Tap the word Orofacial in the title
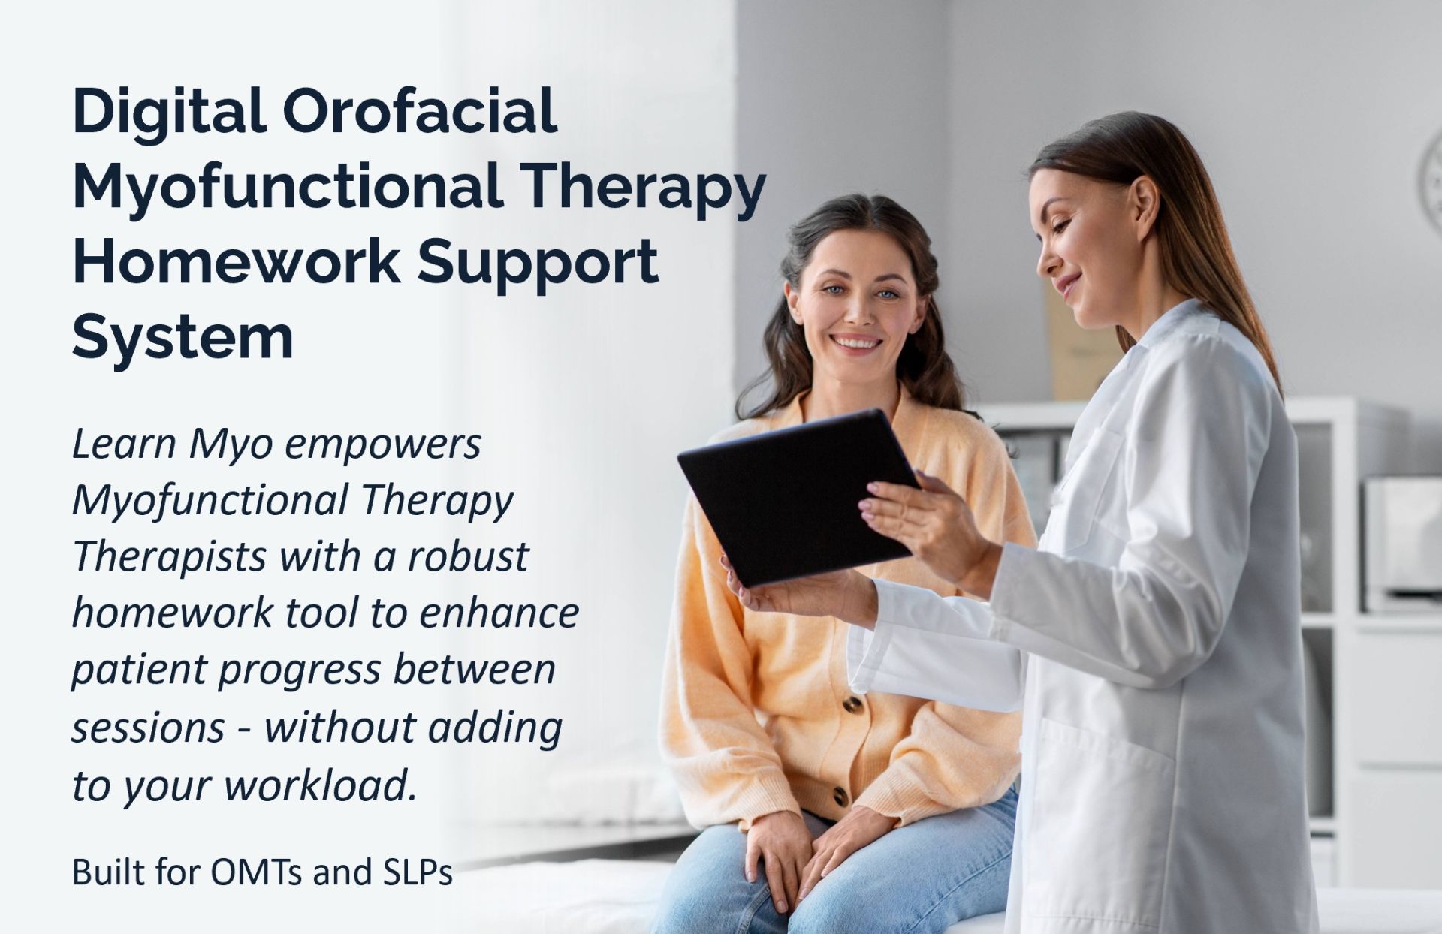coord(420,111)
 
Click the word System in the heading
coord(183,338)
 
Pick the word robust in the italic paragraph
coord(468,556)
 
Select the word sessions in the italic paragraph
coord(148,728)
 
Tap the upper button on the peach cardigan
coord(852,704)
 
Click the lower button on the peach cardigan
coord(841,797)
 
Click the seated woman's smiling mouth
coord(856,343)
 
